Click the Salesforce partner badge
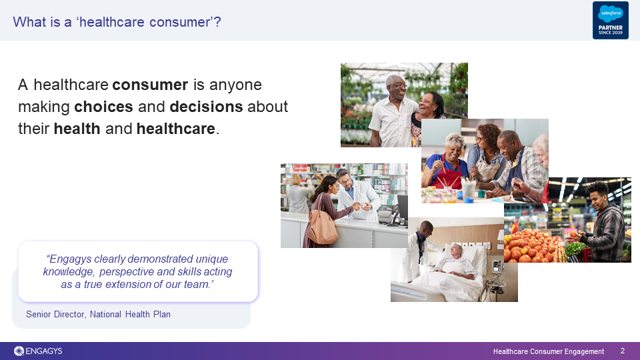pos(610,21)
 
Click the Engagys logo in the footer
pos(38,351)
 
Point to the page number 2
pos(623,351)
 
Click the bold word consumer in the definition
pos(150,85)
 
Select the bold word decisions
pos(206,107)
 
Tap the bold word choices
pos(104,107)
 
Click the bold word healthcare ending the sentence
pos(175,129)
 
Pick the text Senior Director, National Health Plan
pos(99,314)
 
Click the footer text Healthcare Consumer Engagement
pos(549,351)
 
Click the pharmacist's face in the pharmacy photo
pos(346,180)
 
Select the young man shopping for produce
pos(601,221)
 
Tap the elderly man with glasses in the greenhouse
pos(392,110)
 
